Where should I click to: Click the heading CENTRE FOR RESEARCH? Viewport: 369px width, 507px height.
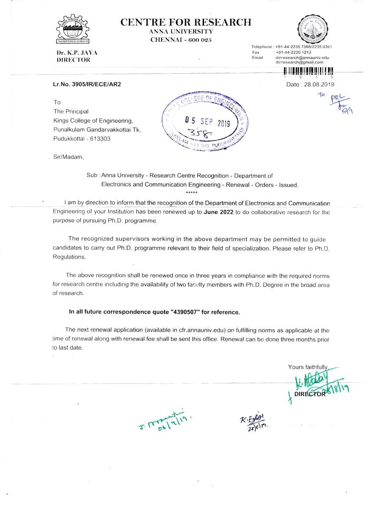185,22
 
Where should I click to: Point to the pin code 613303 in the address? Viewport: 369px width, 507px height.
101,139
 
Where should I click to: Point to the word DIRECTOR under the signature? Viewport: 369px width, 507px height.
310,394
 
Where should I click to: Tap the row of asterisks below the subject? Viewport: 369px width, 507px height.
191,192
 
